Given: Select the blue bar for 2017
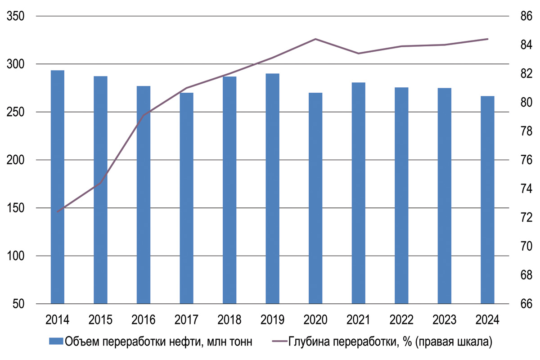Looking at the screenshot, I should tap(186, 198).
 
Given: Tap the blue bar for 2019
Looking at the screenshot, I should tap(272, 189).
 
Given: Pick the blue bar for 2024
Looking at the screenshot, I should tap(487, 200).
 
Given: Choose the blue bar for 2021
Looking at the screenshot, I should tap(358, 193).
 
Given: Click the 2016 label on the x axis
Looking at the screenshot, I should tap(144, 320).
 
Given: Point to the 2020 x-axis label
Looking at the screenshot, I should tap(315, 320).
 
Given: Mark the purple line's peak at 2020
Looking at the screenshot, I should tap(315, 39).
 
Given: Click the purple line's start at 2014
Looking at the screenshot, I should tap(58, 211).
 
